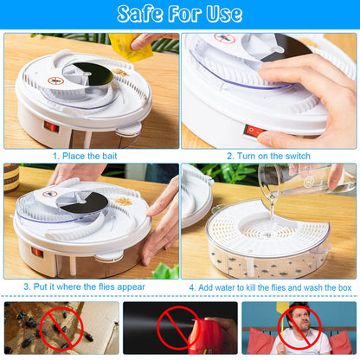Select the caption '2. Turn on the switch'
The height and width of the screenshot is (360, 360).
click(x=269, y=156)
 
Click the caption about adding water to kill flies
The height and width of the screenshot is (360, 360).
click(x=269, y=286)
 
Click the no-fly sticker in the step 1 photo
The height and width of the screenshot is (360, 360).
click(x=57, y=80)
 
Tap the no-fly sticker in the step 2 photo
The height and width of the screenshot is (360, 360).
click(x=224, y=38)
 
